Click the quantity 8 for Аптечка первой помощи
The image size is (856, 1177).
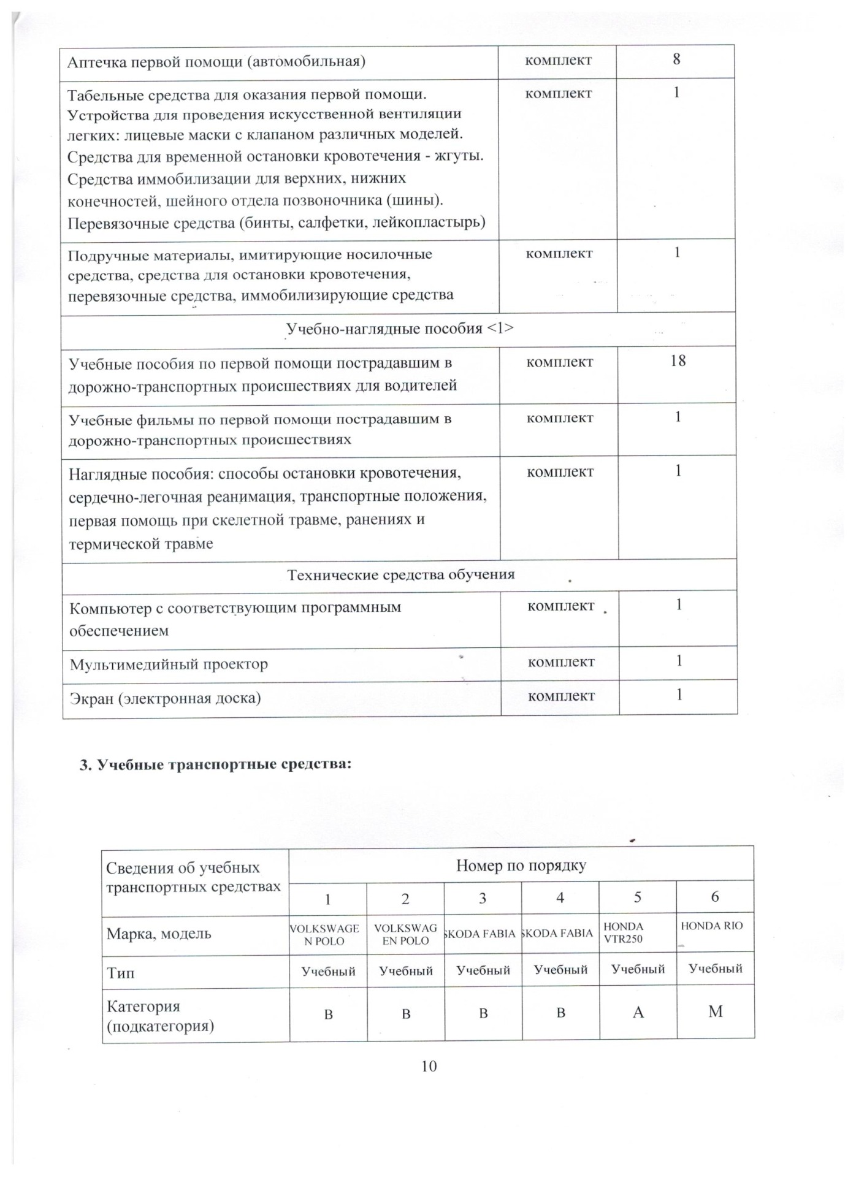676,59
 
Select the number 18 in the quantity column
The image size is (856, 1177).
678,360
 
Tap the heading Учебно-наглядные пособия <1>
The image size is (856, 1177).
400,329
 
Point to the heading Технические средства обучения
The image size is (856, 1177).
401,574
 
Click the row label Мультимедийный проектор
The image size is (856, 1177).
169,664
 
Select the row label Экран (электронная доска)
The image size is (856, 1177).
165,698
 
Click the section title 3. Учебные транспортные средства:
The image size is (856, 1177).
215,764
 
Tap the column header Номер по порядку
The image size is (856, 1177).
521,865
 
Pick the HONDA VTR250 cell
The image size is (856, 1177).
624,932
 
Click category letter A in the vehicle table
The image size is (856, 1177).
638,1012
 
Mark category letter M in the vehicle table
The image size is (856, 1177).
716,1011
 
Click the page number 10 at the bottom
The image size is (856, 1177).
429,1066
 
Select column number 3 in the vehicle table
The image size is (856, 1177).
483,899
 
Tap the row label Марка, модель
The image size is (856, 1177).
159,934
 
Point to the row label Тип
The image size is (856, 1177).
120,973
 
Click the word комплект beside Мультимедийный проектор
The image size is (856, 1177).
560,662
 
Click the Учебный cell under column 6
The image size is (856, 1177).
715,969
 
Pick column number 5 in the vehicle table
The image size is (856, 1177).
638,897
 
